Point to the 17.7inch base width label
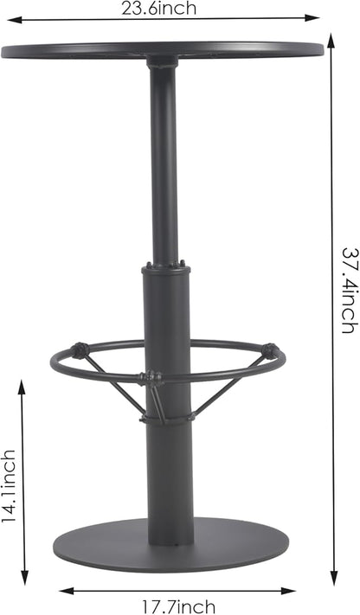click(x=178, y=606)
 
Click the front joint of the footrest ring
click(x=151, y=378)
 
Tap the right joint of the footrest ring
click(x=271, y=351)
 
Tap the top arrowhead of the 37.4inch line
click(x=332, y=37)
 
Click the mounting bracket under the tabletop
click(x=162, y=62)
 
